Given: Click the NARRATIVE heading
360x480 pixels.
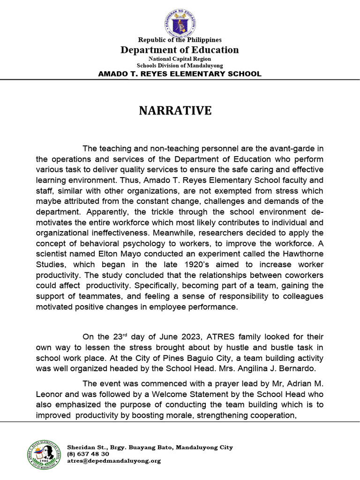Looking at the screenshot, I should tap(175, 111).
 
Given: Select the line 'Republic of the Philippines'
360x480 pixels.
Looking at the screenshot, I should tap(180, 40).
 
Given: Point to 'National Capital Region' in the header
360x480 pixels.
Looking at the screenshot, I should tap(180, 59).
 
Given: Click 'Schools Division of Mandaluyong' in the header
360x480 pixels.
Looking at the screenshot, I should tap(180, 66).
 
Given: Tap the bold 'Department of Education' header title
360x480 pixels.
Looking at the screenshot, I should tap(180, 50).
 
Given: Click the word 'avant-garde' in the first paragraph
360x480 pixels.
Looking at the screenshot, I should tap(290, 149).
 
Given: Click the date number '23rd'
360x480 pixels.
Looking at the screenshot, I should tap(120, 337).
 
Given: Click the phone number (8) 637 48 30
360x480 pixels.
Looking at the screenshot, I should tap(89, 454).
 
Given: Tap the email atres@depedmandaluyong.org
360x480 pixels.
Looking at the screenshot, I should tap(114, 461).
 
